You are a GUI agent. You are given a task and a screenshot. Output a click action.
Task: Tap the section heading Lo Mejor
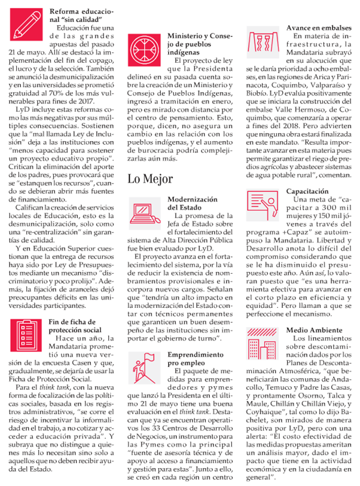[151, 179]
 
